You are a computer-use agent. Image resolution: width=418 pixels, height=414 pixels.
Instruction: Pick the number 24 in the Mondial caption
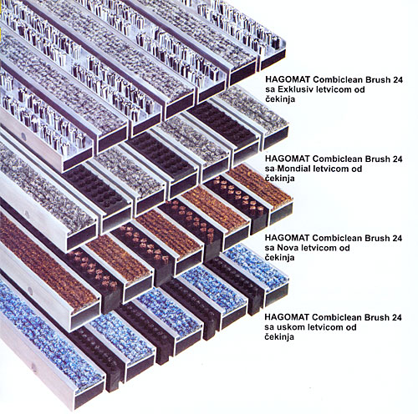click(x=397, y=159)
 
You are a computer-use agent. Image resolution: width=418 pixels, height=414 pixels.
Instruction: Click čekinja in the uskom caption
click(x=279, y=337)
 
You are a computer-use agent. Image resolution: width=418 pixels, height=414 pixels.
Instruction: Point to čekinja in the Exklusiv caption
click(x=280, y=99)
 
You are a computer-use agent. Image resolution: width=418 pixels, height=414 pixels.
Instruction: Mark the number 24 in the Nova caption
click(x=397, y=238)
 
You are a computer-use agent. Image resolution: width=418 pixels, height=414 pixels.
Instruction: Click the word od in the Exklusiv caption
click(x=359, y=89)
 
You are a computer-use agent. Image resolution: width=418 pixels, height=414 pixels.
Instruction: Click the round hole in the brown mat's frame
click(x=30, y=291)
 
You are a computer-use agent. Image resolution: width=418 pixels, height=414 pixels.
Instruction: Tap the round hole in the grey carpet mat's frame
click(x=27, y=215)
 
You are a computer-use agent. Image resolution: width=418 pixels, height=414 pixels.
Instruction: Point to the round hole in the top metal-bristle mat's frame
click(x=24, y=136)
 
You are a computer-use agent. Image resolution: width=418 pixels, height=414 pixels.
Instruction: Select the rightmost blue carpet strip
click(x=256, y=266)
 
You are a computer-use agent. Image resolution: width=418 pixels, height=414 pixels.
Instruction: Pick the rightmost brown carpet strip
click(x=260, y=187)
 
